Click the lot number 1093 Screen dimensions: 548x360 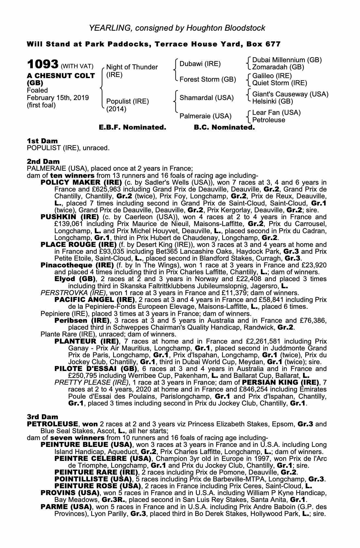[x=43, y=64]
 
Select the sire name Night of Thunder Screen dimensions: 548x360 [x=132, y=67]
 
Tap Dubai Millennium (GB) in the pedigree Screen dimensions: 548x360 [x=287, y=60]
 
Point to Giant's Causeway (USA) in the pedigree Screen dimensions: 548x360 [x=290, y=94]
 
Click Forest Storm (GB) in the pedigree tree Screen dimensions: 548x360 [x=208, y=79]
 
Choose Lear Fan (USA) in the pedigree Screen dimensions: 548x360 [x=276, y=113]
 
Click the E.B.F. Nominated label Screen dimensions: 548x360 [x=132, y=127]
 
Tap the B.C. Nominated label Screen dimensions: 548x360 [x=224, y=127]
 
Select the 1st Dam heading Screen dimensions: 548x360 [x=42, y=141]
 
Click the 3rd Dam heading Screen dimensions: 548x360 [x=42, y=417]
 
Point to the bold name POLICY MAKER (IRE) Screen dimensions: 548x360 [x=81, y=182]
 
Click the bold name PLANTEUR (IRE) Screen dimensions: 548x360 [x=87, y=341]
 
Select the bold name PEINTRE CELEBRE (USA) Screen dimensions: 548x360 [x=103, y=458]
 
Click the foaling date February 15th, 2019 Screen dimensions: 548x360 [x=58, y=98]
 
